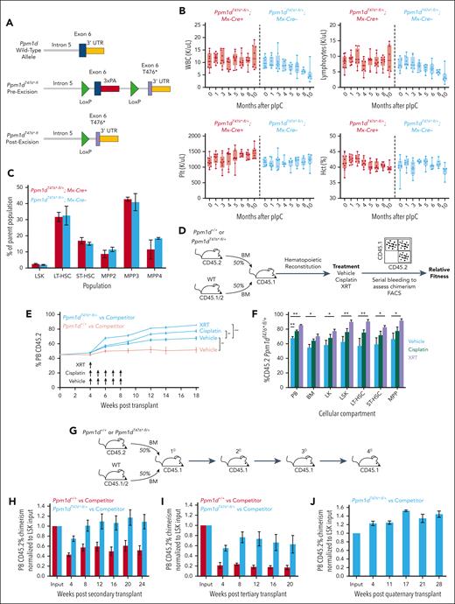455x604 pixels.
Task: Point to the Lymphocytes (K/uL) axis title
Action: click(x=304, y=54)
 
